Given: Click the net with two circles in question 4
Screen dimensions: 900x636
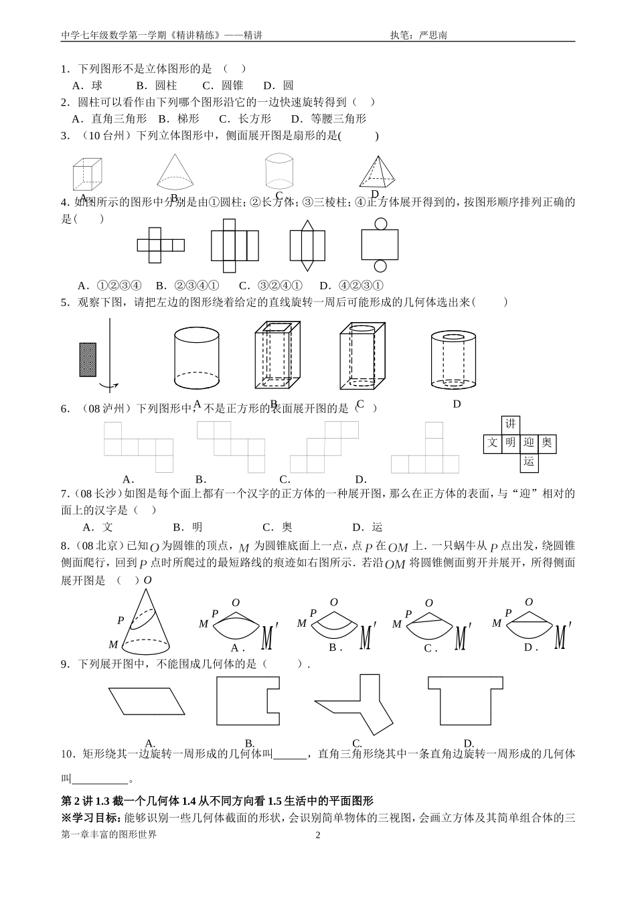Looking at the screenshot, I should point(379,246).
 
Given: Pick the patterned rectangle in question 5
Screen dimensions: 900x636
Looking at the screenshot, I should point(88,360).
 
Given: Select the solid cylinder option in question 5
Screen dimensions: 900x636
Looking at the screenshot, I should point(197,359).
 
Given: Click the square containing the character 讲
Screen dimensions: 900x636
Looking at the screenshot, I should point(510,424).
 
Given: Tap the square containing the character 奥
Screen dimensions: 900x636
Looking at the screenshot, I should point(547,443).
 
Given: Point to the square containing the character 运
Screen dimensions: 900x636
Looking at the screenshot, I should point(529,461).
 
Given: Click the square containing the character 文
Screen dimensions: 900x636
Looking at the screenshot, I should point(492,443).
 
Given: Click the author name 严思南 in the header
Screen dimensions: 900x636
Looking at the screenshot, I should point(432,35).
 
